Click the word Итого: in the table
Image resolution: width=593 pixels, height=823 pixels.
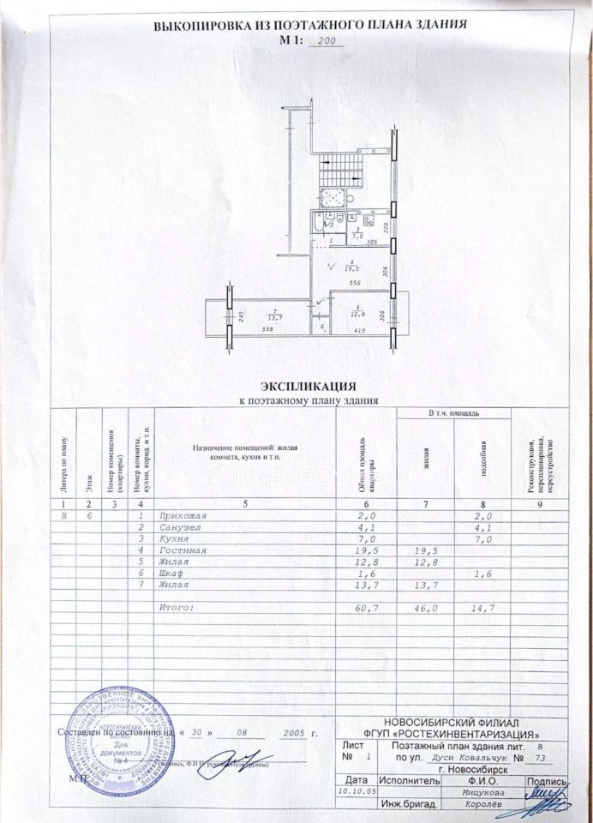[178, 608]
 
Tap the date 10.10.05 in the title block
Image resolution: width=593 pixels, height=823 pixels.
[354, 792]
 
